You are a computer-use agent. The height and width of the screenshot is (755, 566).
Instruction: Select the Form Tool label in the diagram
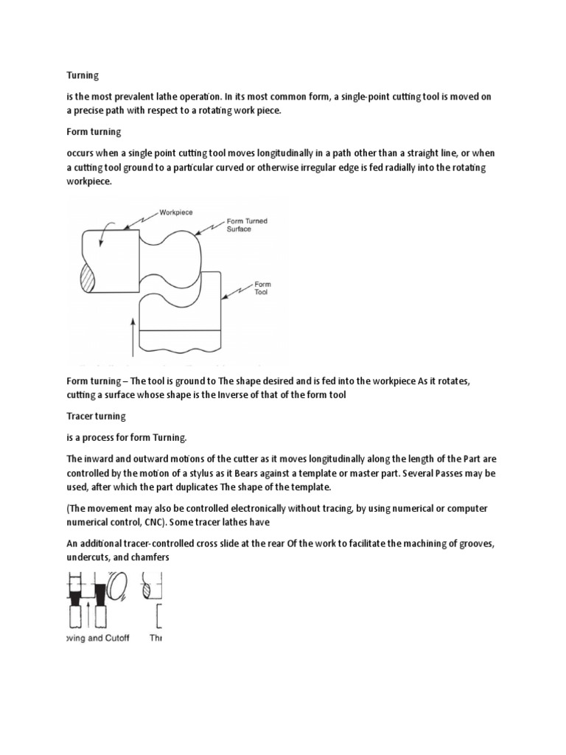262,287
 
